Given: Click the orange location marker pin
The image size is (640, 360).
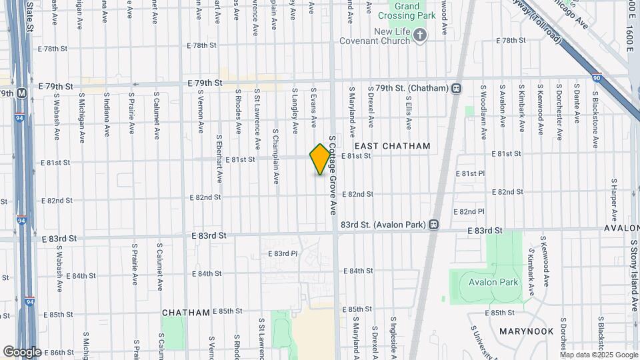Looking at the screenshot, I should pos(321,159).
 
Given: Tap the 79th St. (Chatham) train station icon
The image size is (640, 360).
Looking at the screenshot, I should pos(457,88).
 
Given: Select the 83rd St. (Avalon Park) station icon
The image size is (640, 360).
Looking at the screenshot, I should pos(434,225).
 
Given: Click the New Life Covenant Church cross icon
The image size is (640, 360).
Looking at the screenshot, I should pos(420,35).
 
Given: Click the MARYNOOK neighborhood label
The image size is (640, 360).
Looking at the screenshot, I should pos(527,331).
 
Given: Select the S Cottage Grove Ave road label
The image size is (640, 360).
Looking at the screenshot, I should pos(332,175).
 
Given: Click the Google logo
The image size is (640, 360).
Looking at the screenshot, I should pos(23,351).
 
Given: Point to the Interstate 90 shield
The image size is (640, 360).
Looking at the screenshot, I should pos(597,78).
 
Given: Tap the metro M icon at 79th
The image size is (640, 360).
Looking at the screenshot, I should pos(21,93).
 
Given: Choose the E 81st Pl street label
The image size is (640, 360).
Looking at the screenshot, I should pos(469,173).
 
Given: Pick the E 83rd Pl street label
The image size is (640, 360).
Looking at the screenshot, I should pos(282,253).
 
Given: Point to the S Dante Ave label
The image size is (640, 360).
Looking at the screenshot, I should pos(577,104).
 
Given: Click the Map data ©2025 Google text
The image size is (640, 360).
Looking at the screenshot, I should pos(599,355).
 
